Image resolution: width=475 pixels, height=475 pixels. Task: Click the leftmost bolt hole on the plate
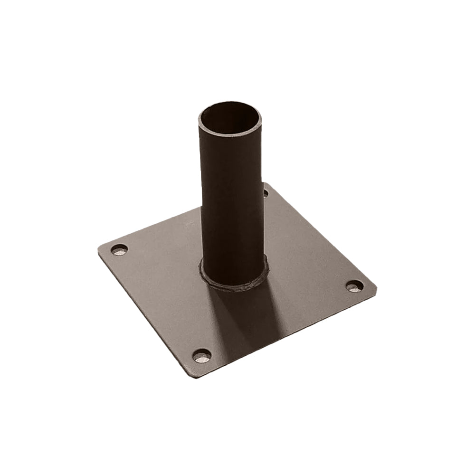(x=119, y=250)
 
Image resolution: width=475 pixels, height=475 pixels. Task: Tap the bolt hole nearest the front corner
(x=202, y=356)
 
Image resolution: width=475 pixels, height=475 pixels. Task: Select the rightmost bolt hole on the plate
(x=354, y=286)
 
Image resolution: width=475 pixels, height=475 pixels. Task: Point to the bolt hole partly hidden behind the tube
(x=266, y=193)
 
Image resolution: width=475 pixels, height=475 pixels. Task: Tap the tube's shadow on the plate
(x=247, y=323)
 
